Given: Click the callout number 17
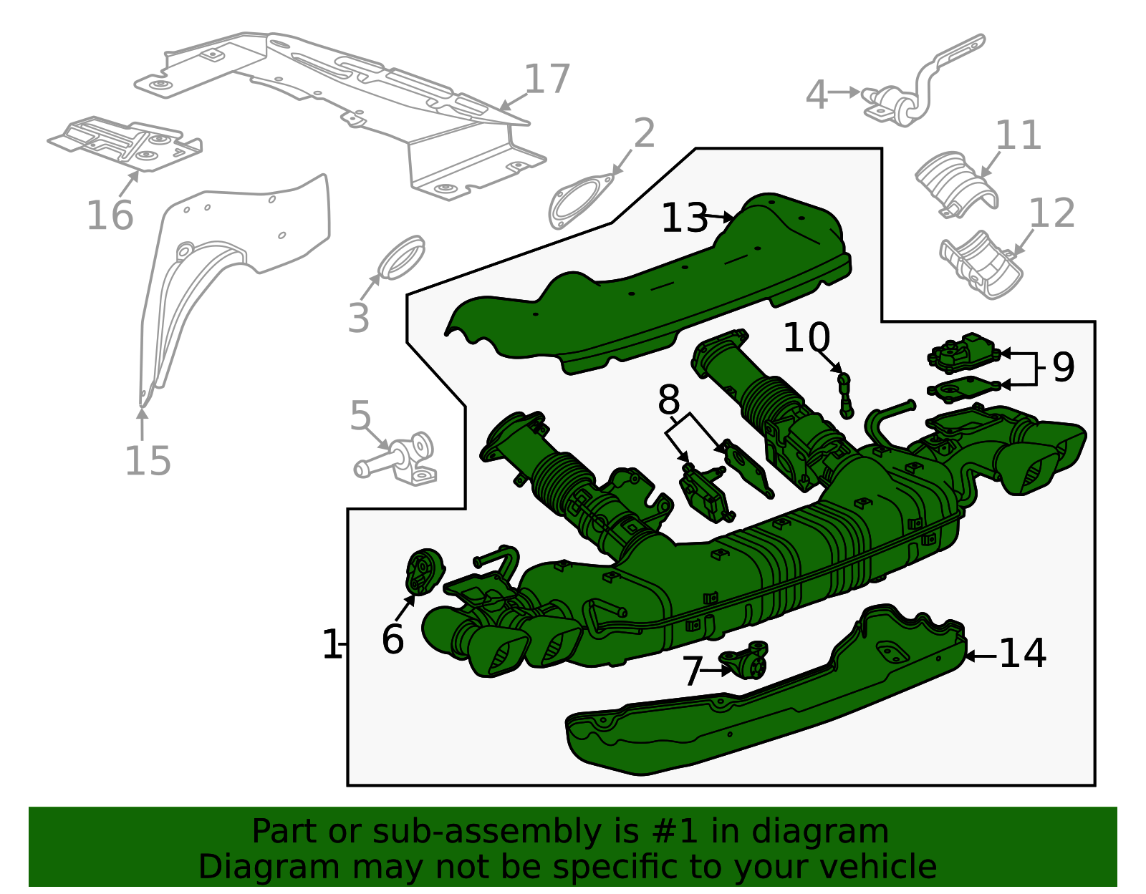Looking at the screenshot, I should pyautogui.click(x=547, y=79).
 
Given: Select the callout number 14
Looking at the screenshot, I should pyautogui.click(x=1022, y=654).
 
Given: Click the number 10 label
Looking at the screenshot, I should pyautogui.click(x=806, y=338).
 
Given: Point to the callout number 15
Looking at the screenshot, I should pyautogui.click(x=148, y=461).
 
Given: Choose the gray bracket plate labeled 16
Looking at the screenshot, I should pyautogui.click(x=125, y=143).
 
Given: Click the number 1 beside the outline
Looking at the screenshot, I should pyautogui.click(x=332, y=645).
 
